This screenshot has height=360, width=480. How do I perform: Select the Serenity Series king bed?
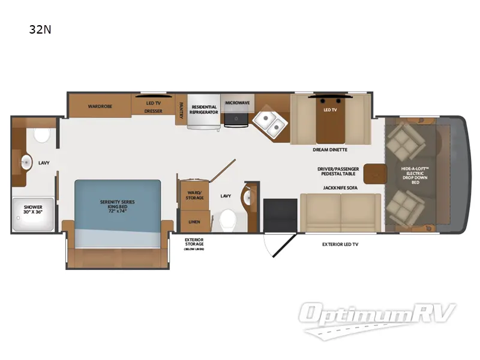tap(118, 206)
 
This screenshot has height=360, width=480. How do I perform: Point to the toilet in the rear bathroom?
tap(42, 136)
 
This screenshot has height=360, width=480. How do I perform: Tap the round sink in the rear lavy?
tap(26, 162)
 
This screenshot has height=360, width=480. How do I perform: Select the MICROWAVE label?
tap(237, 103)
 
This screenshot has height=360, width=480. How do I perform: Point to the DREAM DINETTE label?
tap(330, 149)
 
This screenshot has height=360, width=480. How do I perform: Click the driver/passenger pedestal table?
tap(376, 173)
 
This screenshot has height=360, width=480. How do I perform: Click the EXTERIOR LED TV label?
tap(340, 245)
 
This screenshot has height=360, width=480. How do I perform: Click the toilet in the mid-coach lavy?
tap(226, 218)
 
